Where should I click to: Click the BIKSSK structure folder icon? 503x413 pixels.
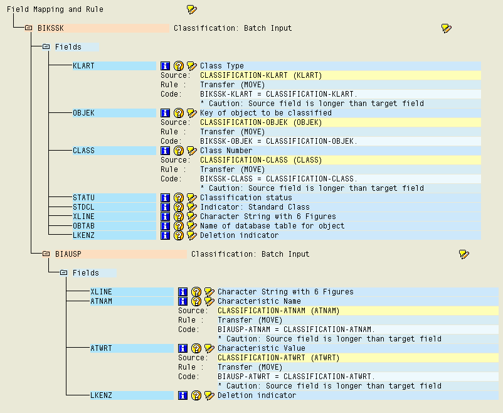point(29,28)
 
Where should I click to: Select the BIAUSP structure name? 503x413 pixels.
point(66,254)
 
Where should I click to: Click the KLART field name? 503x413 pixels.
point(83,66)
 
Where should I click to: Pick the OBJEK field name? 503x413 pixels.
point(83,113)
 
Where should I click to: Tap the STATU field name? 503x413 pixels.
point(83,198)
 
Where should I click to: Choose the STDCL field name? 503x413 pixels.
point(83,207)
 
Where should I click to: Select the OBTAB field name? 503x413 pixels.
point(83,226)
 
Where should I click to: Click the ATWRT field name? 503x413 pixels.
point(101,348)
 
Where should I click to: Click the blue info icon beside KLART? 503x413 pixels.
point(166,66)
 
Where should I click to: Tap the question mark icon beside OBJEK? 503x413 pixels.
point(179,113)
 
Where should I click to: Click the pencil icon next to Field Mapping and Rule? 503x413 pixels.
point(191,9)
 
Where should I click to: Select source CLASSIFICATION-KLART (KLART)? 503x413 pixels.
point(260,75)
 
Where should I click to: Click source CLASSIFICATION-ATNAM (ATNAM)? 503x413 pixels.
point(278,311)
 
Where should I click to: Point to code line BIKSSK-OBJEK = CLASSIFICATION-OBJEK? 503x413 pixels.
point(278,141)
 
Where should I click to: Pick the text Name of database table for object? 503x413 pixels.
point(272,226)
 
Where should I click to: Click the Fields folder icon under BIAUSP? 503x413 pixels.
point(64,273)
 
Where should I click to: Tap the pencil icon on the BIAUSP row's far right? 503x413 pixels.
point(463,254)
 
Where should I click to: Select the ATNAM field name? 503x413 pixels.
point(101,301)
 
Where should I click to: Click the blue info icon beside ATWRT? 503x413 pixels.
point(183,348)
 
